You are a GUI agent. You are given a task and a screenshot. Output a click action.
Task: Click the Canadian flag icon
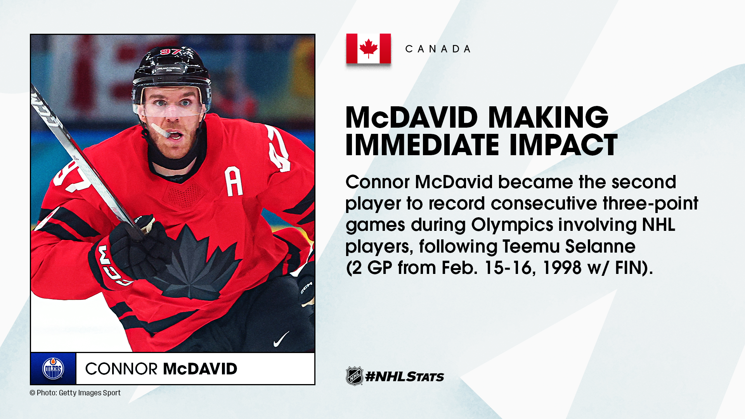368,48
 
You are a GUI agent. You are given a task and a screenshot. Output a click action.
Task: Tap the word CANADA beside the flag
438,49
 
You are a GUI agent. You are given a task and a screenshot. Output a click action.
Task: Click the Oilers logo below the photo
53,369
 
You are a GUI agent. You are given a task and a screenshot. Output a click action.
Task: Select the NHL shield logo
355,376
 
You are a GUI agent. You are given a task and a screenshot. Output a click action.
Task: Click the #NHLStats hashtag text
405,376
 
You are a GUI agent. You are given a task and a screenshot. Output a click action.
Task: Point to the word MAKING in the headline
548,117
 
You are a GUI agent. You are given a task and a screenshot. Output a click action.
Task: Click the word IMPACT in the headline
563,145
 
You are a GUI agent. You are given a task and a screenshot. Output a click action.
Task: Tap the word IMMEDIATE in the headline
423,145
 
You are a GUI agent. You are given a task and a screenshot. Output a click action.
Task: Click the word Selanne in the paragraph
600,246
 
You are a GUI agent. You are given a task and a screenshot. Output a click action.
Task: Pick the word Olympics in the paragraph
512,225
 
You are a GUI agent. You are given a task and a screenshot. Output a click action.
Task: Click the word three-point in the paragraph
650,204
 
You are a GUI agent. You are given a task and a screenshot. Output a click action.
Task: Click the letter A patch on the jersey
234,181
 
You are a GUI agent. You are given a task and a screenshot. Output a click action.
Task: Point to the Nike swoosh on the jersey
281,339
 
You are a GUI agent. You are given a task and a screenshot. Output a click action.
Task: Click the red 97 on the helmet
171,51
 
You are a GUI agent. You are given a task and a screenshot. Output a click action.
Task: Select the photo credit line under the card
75,393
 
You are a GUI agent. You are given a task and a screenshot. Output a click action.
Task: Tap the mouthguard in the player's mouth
160,130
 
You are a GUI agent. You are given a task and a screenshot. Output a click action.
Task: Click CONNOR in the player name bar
121,369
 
